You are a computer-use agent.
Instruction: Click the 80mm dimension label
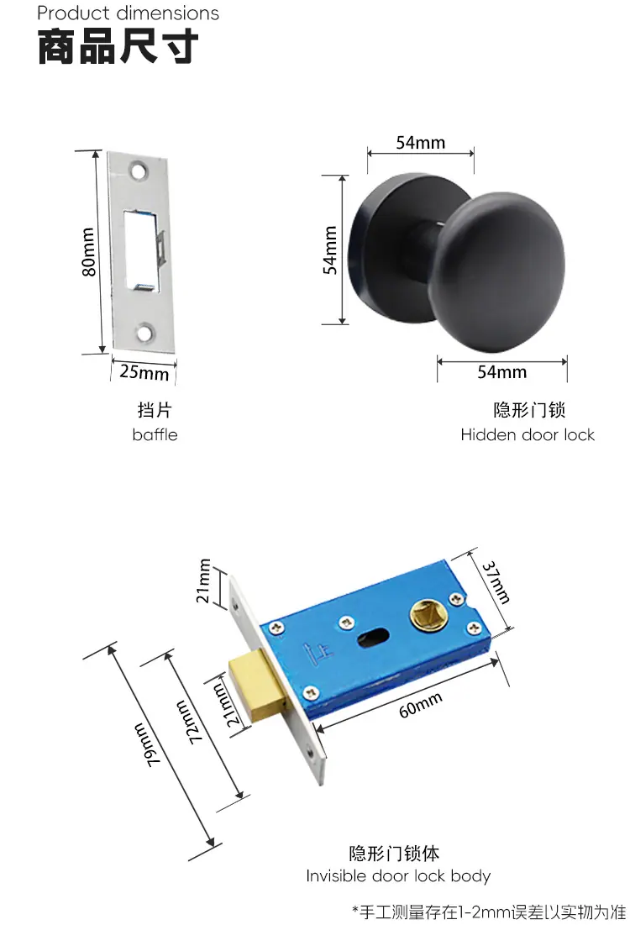(88, 252)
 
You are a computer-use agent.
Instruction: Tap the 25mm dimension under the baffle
(144, 372)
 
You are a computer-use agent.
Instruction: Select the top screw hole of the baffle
(139, 171)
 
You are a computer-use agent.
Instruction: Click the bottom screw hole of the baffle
(144, 332)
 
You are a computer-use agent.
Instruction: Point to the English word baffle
(155, 434)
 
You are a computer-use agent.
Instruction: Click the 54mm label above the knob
(421, 143)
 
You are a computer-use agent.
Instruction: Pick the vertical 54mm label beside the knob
(330, 250)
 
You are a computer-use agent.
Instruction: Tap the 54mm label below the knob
(502, 372)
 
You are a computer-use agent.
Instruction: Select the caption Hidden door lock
(528, 434)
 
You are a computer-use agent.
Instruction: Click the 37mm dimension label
(496, 582)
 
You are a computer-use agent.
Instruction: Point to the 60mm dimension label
(421, 705)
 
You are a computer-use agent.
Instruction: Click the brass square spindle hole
(427, 615)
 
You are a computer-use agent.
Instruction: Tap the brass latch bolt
(257, 686)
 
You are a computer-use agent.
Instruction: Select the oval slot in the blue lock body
(374, 635)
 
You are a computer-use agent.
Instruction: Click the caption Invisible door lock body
(398, 876)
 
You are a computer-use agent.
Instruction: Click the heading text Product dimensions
(128, 13)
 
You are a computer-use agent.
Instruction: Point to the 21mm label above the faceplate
(203, 581)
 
